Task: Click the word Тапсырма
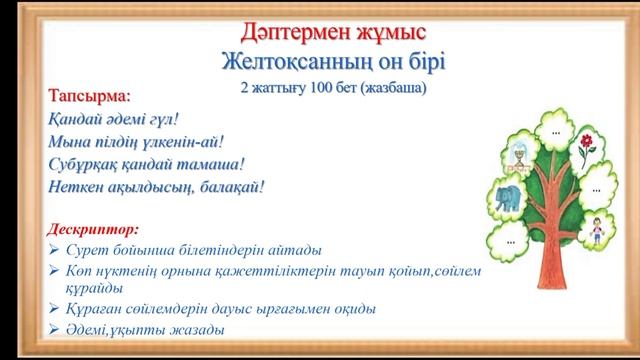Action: tap(89, 97)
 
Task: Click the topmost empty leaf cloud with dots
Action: tap(555, 131)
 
